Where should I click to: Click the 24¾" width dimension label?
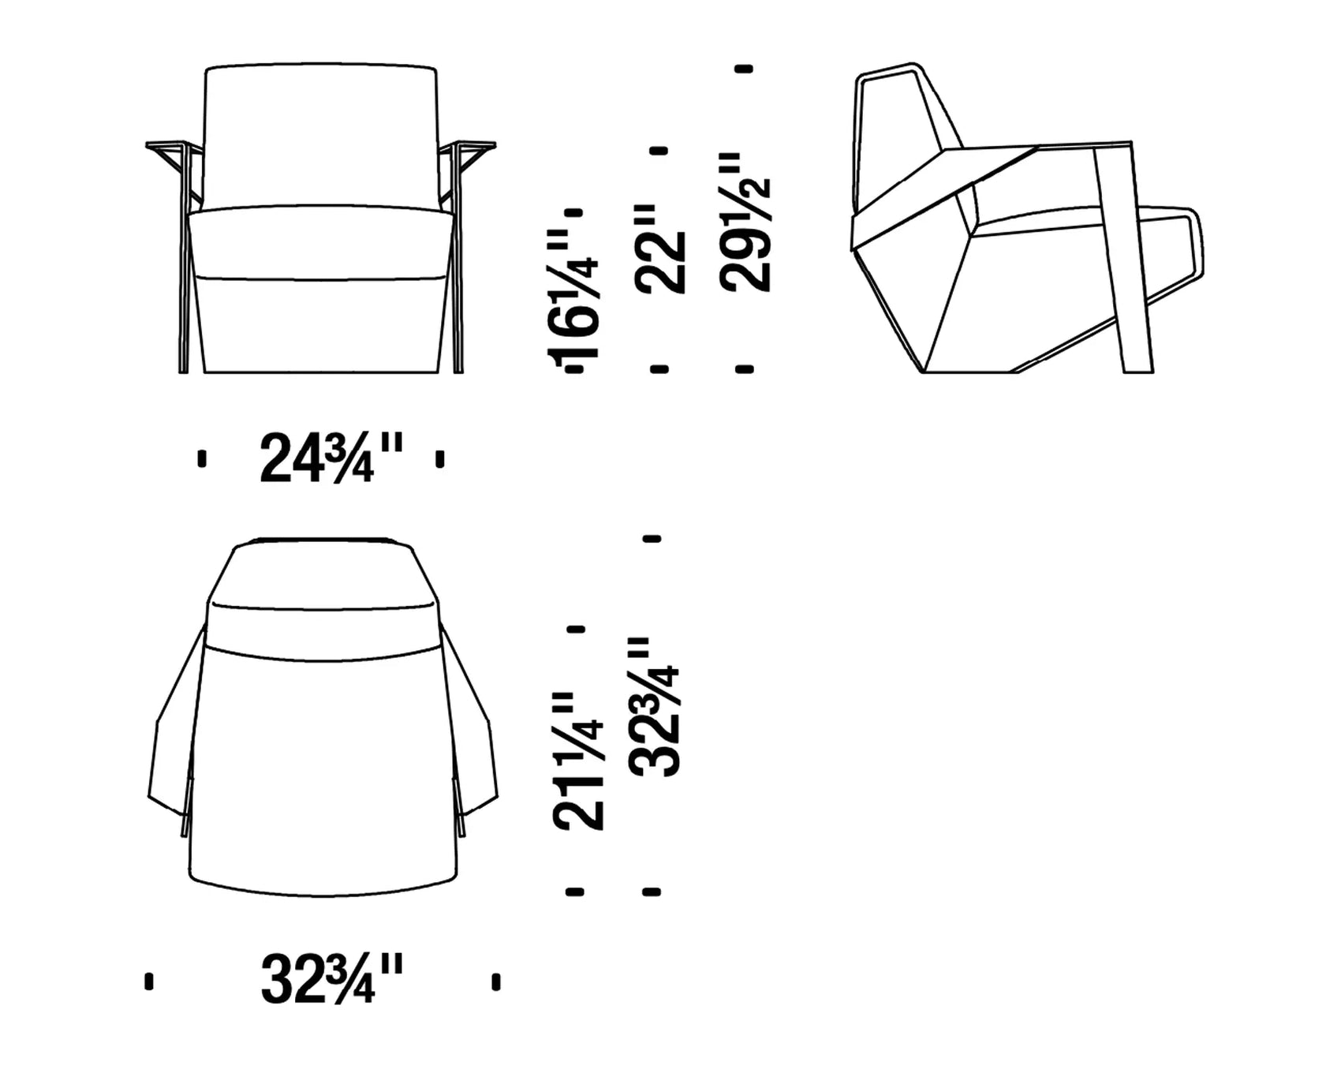[331, 458]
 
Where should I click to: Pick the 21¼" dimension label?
[578, 761]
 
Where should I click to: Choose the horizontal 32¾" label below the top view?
[331, 979]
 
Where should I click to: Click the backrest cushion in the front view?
[320, 136]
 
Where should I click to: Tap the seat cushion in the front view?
[320, 243]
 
